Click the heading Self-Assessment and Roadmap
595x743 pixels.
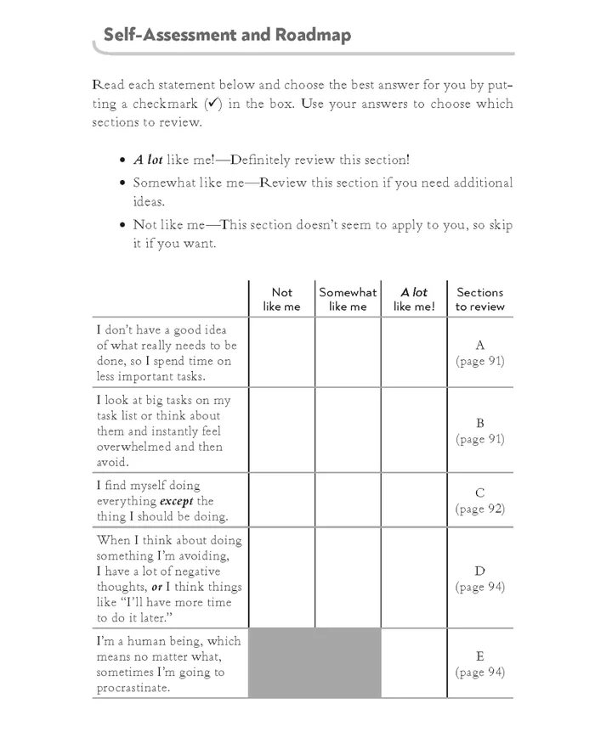226,35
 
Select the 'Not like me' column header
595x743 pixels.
281,299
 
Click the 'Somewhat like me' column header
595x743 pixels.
348,299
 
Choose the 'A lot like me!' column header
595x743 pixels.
414,299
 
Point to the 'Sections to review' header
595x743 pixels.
479,299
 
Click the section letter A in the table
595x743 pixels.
480,346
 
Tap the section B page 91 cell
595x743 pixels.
480,431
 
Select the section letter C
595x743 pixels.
480,493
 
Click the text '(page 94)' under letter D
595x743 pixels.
480,587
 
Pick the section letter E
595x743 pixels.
480,656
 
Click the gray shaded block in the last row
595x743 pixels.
314,663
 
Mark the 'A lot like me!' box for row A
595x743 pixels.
414,352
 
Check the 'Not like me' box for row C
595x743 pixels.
281,500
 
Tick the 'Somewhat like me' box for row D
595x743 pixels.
348,577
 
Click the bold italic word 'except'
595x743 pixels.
178,501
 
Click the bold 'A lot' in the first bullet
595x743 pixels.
148,160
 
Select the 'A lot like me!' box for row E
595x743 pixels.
414,663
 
